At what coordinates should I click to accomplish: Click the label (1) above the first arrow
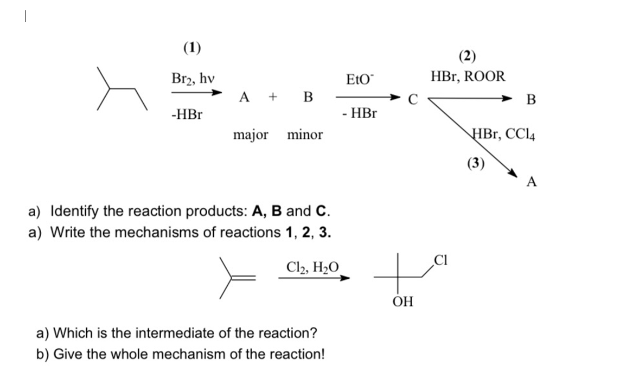click(x=191, y=48)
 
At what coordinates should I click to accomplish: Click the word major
click(x=251, y=134)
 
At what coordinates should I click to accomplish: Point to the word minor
click(x=304, y=134)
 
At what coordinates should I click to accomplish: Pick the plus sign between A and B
click(x=274, y=98)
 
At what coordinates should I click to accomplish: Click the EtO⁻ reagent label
click(x=360, y=80)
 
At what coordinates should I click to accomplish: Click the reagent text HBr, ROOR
click(x=468, y=76)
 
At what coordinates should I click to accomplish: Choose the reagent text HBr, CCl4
click(x=504, y=134)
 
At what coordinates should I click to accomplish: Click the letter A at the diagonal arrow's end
click(x=532, y=182)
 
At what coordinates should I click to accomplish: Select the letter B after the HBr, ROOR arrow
click(x=531, y=100)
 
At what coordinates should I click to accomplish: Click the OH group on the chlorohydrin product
click(x=401, y=302)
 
